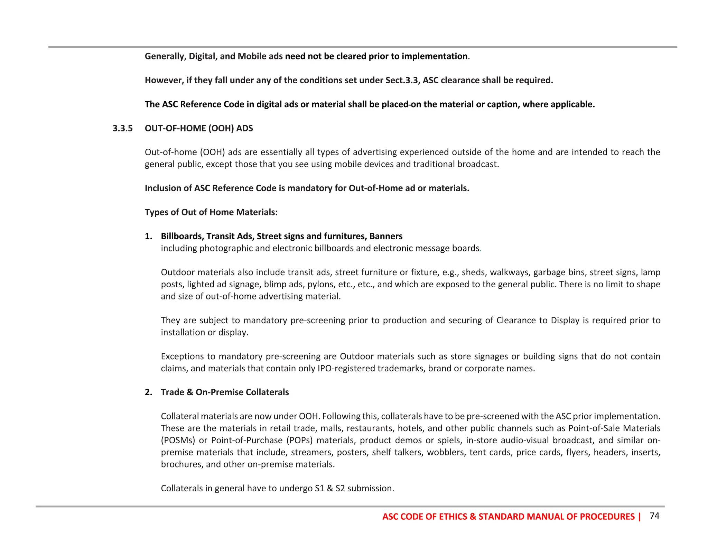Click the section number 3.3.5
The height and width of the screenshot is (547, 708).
pos(122,129)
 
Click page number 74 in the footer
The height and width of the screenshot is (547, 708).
pos(654,516)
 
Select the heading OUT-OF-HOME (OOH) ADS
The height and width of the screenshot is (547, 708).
pos(199,129)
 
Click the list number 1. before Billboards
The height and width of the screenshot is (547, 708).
pos(148,237)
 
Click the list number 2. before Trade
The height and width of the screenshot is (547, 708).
pos(148,392)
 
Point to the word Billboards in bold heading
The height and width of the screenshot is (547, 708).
pos(182,237)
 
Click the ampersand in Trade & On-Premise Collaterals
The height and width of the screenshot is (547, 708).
pos(190,392)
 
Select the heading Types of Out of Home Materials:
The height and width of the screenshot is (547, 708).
pos(211,212)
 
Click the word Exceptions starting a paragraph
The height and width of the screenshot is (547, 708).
pos(183,356)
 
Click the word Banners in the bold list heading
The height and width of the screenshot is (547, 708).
pos(386,237)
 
